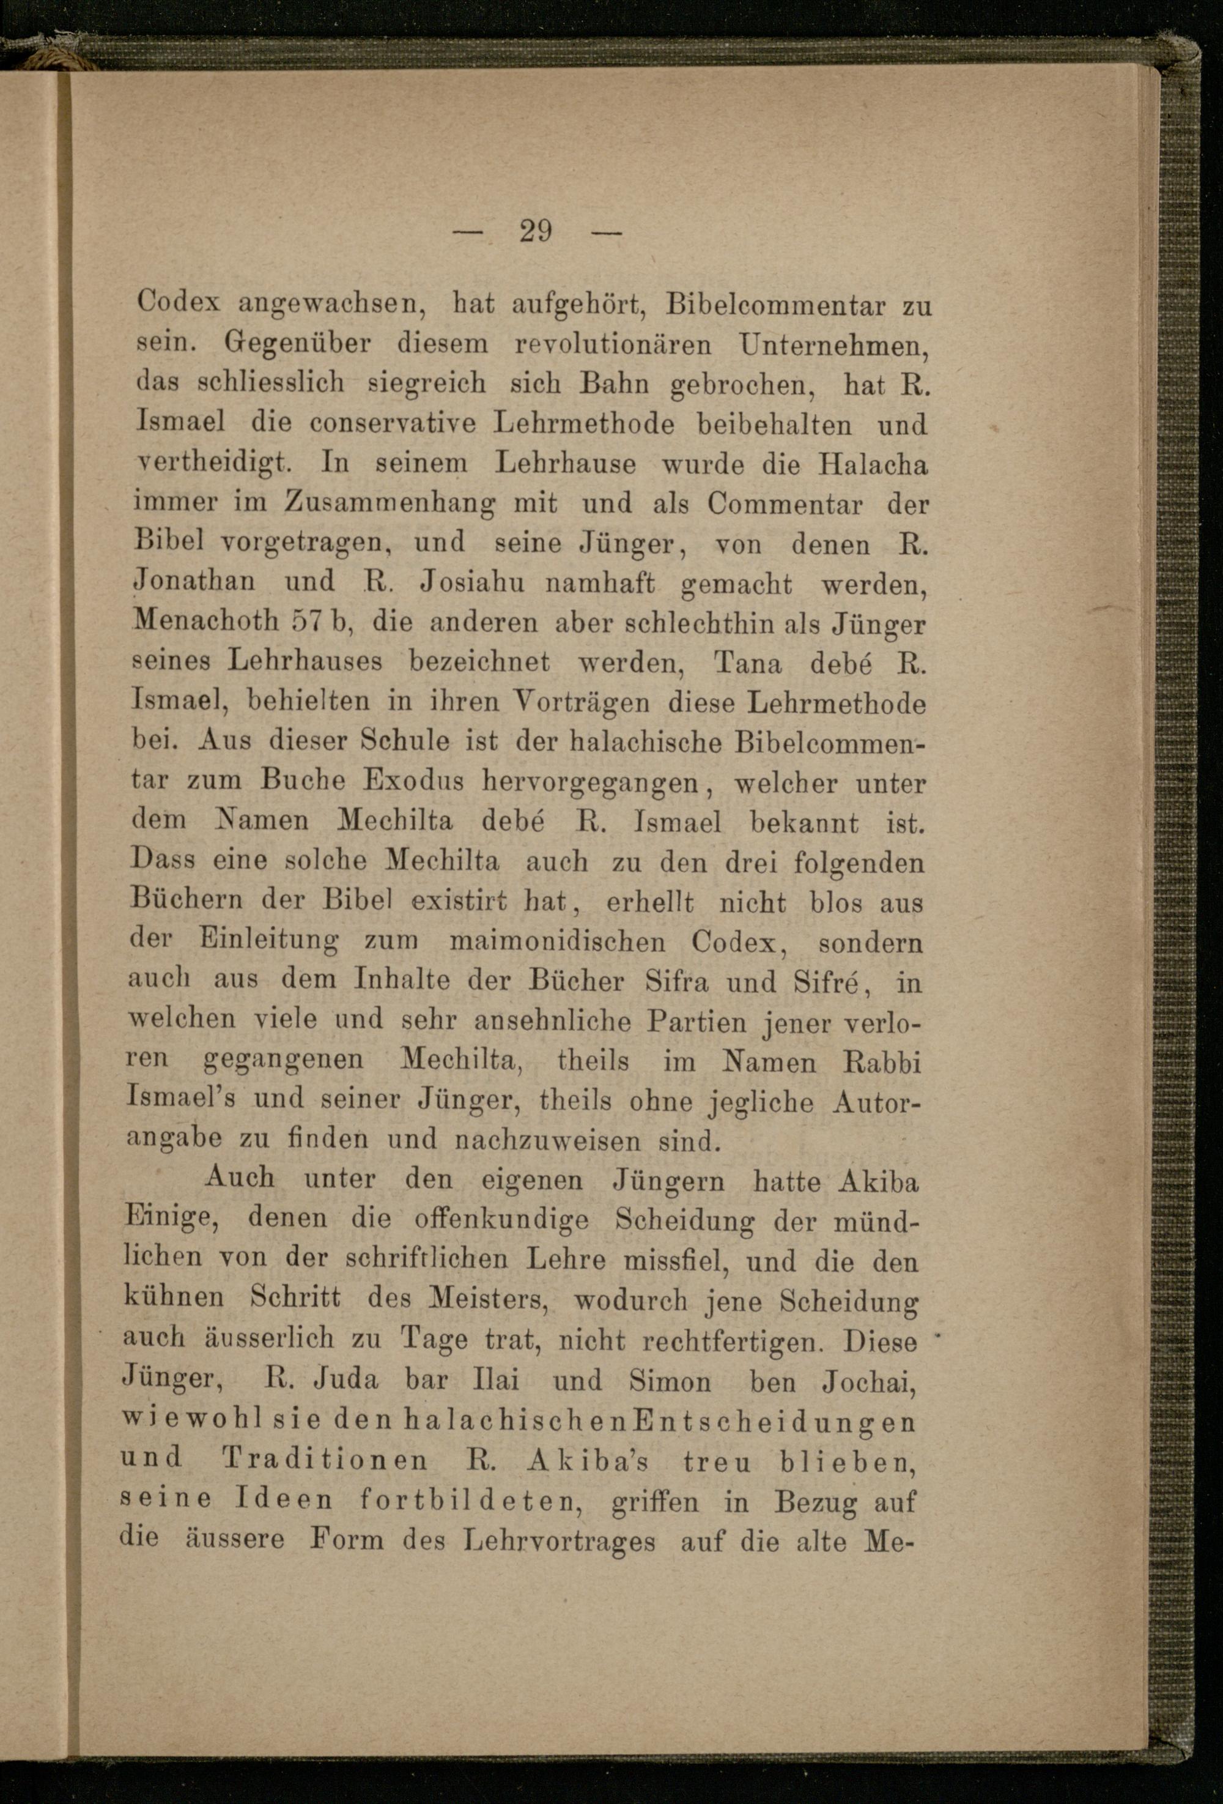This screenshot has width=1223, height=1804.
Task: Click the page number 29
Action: pos(536,231)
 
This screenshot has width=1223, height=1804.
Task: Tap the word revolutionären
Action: pos(613,344)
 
